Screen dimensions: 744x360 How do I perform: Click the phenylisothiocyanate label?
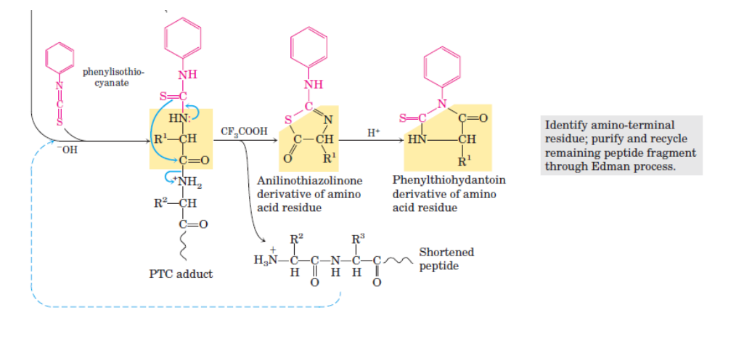coord(113,78)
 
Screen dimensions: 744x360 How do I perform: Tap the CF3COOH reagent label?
coord(245,131)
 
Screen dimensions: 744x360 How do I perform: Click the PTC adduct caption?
coord(181,274)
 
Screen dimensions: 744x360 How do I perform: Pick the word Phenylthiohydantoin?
coord(449,181)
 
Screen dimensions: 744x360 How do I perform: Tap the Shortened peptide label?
coord(446,259)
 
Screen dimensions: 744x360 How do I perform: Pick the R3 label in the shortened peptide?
coord(359,238)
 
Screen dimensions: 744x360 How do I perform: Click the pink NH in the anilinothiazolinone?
coord(313,85)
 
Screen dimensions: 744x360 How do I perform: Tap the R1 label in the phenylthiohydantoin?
coord(464,162)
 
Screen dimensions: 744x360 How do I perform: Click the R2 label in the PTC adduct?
coord(161,203)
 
